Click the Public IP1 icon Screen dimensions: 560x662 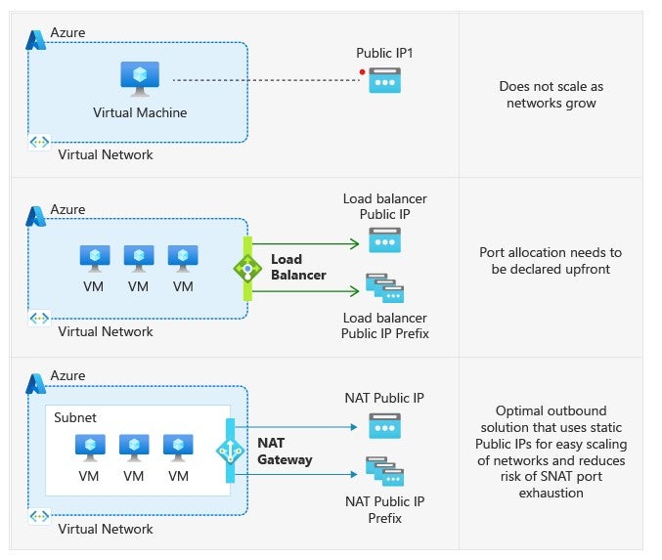point(384,81)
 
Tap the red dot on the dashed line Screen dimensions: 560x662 point(362,72)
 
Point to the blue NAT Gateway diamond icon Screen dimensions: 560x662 point(230,451)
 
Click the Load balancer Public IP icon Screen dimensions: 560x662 point(384,239)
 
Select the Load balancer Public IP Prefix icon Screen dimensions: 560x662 point(384,288)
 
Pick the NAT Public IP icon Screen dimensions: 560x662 point(384,425)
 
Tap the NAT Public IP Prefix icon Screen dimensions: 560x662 point(384,472)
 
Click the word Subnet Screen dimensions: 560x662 point(75,417)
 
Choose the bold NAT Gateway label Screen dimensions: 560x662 point(285,451)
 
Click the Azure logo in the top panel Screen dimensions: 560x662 point(37,38)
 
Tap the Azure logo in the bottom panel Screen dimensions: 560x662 point(37,382)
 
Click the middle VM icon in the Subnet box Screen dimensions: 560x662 point(134,447)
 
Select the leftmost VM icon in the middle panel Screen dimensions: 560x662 point(94,258)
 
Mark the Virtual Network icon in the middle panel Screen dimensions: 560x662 point(39,319)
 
